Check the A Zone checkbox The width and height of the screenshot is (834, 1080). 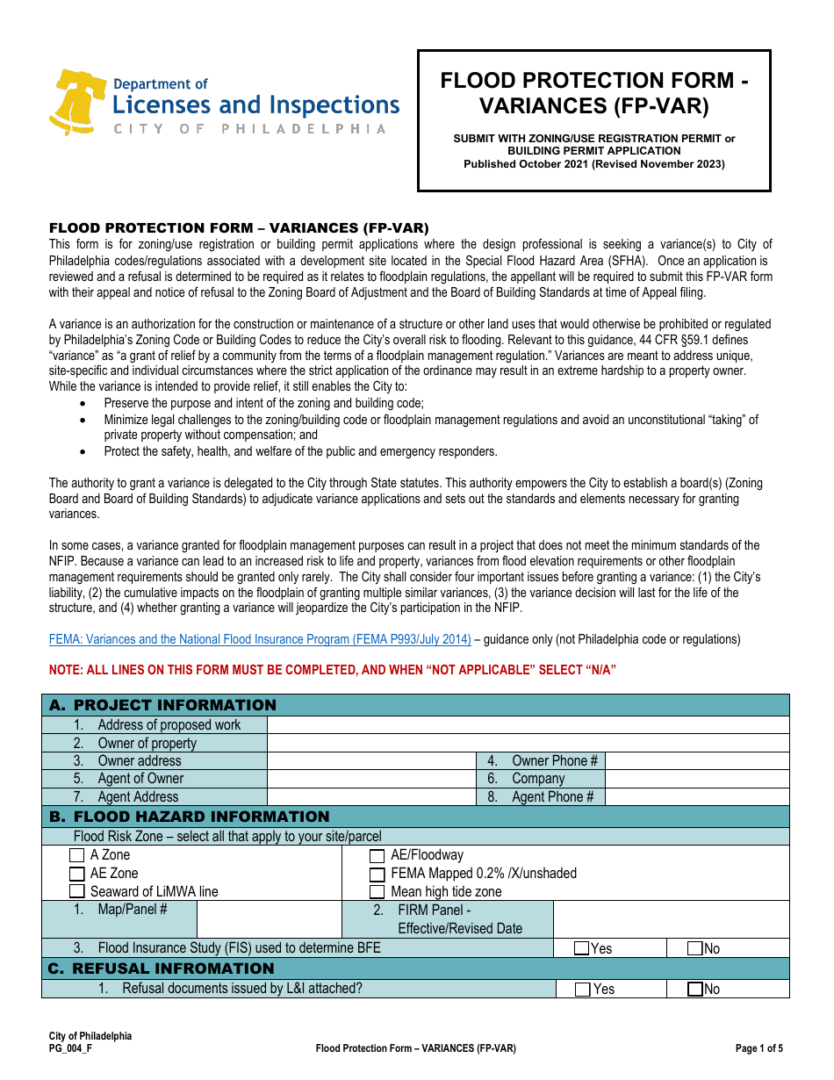click(77, 855)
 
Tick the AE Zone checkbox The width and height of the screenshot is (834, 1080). click(77, 874)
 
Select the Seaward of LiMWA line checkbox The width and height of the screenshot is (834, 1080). click(77, 892)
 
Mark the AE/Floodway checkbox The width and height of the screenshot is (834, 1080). click(377, 856)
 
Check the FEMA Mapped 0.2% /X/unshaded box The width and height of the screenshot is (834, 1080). click(377, 875)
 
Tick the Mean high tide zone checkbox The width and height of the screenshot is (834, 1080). click(377, 892)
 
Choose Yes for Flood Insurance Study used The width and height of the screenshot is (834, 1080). click(582, 948)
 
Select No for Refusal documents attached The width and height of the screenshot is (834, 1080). click(695, 990)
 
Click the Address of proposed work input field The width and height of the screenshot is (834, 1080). click(527, 725)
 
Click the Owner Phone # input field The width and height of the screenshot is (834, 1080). click(696, 761)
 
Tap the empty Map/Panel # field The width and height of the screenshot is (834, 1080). click(269, 919)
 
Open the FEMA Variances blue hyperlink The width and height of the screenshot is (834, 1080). click(260, 639)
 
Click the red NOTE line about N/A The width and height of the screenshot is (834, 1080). click(333, 670)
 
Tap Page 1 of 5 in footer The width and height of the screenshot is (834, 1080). click(759, 1048)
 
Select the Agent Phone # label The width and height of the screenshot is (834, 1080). click(552, 797)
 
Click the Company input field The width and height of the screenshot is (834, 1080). click(696, 779)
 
